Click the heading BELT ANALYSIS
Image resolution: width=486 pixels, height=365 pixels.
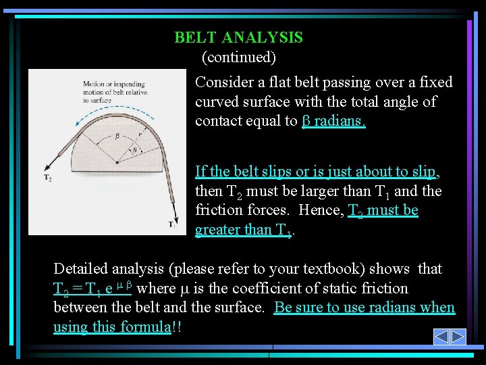coord(238,38)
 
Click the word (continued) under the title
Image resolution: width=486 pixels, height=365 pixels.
coord(238,57)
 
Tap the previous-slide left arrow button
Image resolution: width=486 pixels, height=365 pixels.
coord(441,337)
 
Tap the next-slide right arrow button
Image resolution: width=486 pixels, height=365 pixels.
coord(458,337)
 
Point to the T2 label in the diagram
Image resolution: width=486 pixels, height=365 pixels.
coord(48,178)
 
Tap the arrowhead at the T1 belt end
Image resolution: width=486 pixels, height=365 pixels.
coord(178,214)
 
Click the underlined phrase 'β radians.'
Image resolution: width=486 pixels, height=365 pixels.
coord(333,121)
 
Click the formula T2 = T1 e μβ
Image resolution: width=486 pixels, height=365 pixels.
coord(92,289)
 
